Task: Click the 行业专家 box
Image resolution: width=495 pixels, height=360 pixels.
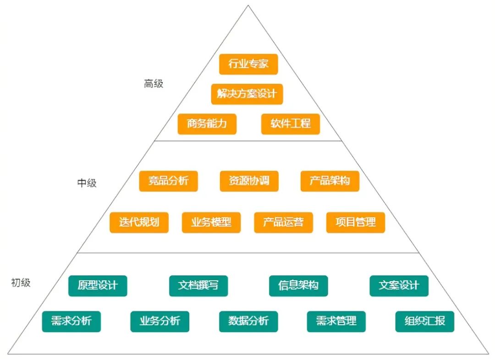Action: click(248, 64)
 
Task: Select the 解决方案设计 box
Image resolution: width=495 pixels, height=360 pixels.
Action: click(247, 94)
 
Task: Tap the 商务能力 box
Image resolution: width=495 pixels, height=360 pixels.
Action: click(207, 124)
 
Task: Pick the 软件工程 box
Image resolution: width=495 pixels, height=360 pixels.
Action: click(291, 124)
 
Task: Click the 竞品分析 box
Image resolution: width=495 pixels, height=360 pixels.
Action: click(168, 181)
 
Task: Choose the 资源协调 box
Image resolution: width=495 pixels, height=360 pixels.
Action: click(249, 181)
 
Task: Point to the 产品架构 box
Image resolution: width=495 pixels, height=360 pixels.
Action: click(330, 181)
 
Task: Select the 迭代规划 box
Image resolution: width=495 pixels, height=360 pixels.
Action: click(139, 223)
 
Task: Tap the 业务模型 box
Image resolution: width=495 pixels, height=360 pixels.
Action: click(211, 223)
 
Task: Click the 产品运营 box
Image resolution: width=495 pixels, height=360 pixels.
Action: click(284, 223)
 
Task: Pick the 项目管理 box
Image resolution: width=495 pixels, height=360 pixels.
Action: click(356, 223)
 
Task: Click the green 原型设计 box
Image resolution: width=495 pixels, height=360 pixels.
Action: click(98, 286)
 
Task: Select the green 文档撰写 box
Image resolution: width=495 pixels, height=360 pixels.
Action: click(198, 286)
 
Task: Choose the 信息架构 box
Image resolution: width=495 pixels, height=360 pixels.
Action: click(298, 286)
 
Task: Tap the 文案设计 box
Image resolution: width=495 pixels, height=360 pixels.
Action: click(399, 286)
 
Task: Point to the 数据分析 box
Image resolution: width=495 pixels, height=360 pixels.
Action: click(248, 322)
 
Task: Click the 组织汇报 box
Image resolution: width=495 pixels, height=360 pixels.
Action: click(424, 322)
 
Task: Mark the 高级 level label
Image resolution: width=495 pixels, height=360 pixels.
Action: click(154, 84)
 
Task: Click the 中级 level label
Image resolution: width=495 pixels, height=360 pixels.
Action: click(87, 183)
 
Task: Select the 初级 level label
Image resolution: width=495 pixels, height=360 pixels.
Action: click(21, 283)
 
